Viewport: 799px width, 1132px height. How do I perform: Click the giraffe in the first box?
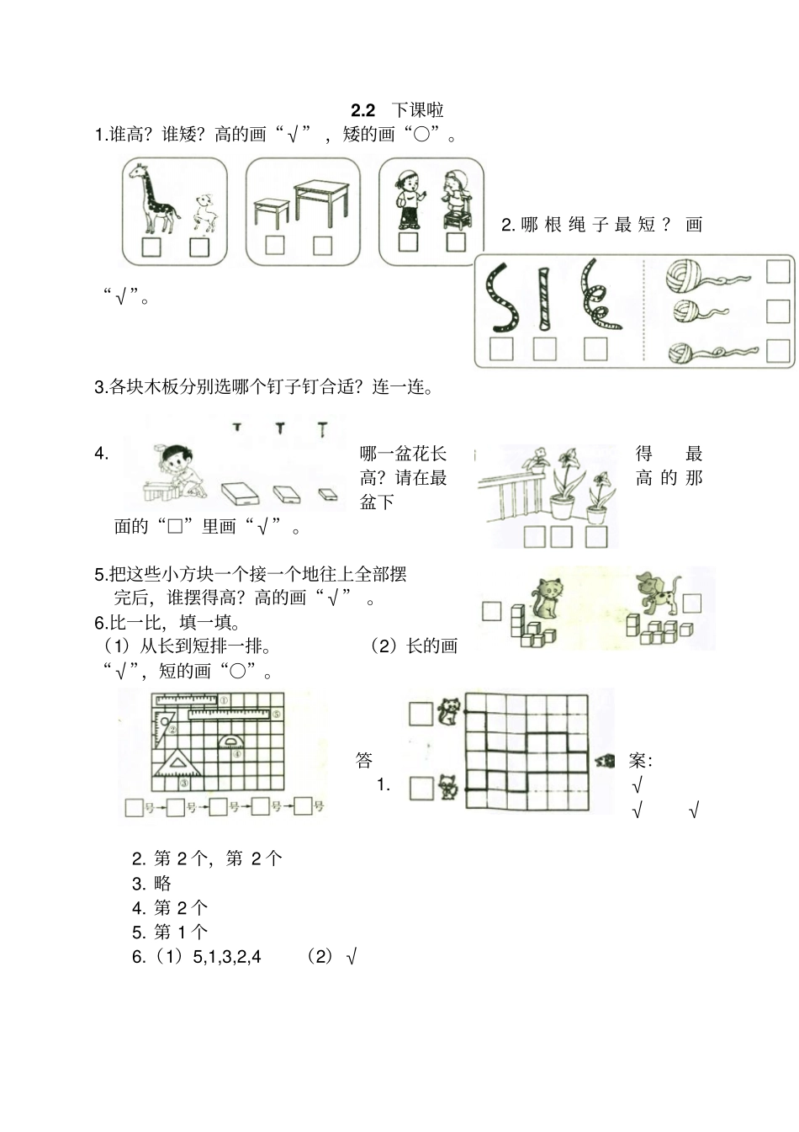(157, 199)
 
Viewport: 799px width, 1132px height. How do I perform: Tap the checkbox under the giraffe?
(151, 247)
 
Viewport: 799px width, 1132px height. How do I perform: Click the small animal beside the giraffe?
(205, 212)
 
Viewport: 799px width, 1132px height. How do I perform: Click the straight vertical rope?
(544, 299)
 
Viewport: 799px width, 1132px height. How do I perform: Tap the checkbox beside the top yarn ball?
(778, 272)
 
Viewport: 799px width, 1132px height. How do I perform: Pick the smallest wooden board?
(327, 493)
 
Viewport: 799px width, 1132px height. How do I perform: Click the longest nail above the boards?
(323, 430)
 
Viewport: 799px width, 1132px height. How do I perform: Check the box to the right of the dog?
(691, 603)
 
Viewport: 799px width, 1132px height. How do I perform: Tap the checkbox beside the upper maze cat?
(421, 715)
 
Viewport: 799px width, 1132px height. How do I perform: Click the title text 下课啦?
(418, 110)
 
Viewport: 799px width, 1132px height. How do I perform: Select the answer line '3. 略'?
(152, 883)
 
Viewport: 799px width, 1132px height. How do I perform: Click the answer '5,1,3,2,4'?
(227, 957)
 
